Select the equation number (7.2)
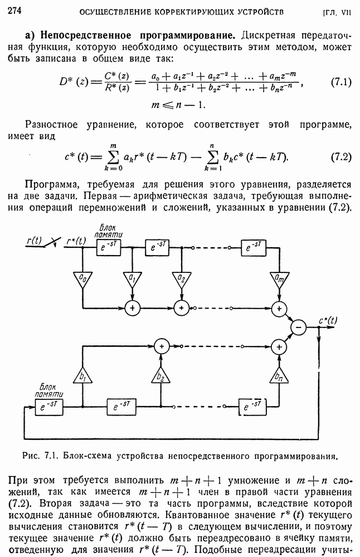click(x=340, y=157)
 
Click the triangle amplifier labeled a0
click(x=82, y=277)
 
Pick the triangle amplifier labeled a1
click(x=132, y=277)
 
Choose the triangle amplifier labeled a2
click(x=181, y=277)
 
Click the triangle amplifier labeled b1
click(x=82, y=377)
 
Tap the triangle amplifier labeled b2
click(x=160, y=377)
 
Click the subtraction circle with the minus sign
click(x=299, y=328)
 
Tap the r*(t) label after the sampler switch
click(x=76, y=241)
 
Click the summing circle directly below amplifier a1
click(x=132, y=307)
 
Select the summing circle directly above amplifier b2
click(x=160, y=346)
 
